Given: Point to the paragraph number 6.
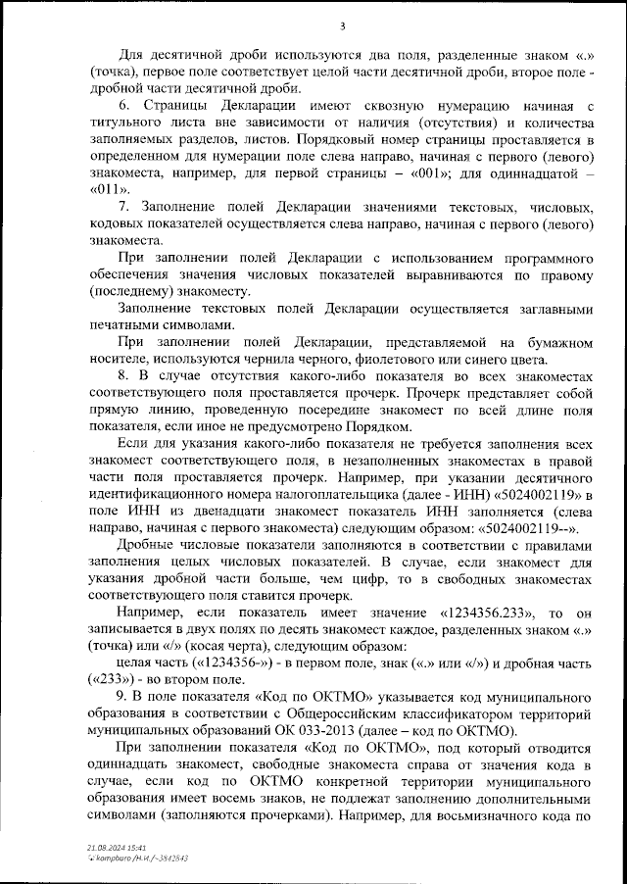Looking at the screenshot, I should [x=123, y=105].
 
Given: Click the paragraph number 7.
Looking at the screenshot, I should [x=123, y=207].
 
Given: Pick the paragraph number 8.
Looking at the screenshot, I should [x=123, y=375].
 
